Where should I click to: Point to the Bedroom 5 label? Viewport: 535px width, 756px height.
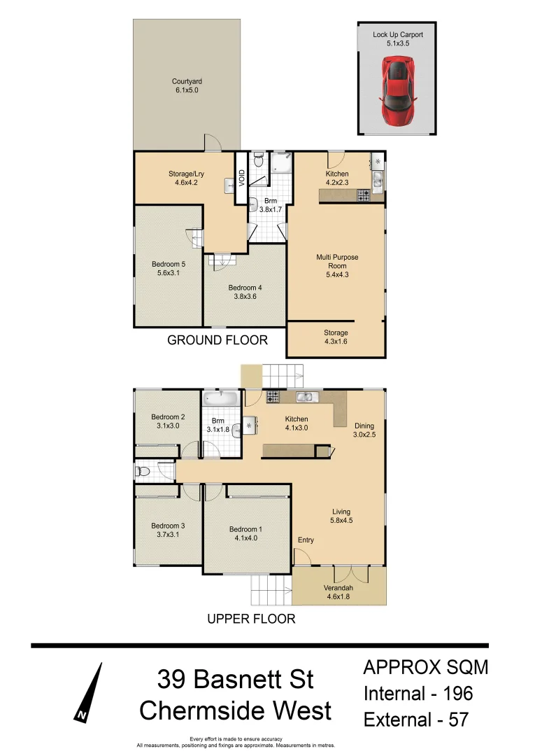coord(168,269)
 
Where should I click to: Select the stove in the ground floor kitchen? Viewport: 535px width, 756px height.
coord(364,196)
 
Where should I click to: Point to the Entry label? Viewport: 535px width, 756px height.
coord(306,540)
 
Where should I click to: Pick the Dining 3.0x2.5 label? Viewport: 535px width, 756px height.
coord(364,430)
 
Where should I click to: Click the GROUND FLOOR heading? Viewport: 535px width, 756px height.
coord(217,340)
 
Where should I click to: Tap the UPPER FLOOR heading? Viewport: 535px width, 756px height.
coord(251,619)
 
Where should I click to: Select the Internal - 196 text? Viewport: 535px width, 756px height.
coord(418,694)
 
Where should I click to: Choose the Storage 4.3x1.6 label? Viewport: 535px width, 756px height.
coord(336,337)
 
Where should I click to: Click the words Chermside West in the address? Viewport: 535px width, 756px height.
coord(235,710)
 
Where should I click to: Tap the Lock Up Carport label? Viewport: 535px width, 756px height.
coord(397,38)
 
